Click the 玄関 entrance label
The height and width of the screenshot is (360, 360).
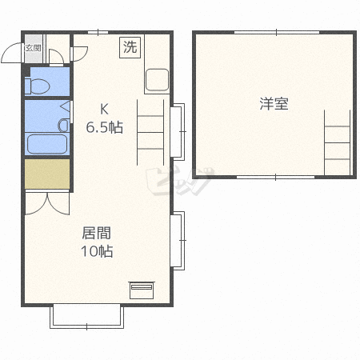point(33,48)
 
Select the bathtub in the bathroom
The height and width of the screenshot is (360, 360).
point(46,144)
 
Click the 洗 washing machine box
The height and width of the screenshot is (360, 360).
point(130,46)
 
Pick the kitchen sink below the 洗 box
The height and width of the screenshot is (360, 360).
point(156,80)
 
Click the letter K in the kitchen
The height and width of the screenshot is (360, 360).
point(104,109)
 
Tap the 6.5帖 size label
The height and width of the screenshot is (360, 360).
point(105,126)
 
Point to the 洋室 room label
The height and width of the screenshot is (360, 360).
point(274,103)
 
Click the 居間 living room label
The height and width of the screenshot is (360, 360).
point(96,233)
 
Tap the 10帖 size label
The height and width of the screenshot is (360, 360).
point(96,251)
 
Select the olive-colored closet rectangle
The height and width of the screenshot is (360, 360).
point(47,174)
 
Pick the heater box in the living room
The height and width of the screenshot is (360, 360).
point(141,288)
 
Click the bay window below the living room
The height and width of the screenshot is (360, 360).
point(87,316)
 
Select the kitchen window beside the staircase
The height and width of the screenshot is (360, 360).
point(178,130)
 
